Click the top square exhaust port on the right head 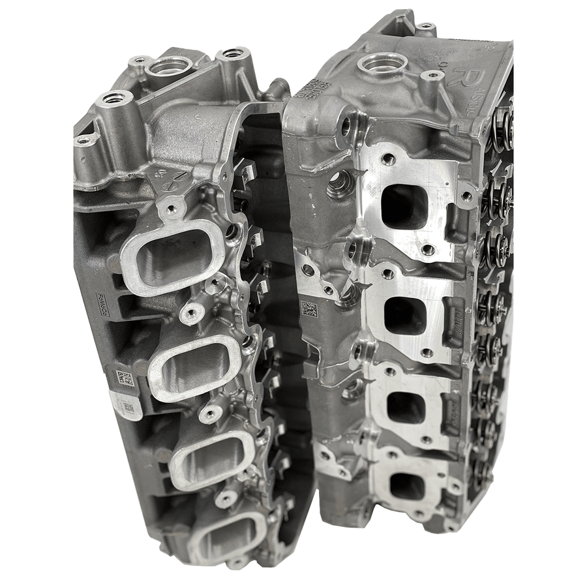[404, 207]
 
